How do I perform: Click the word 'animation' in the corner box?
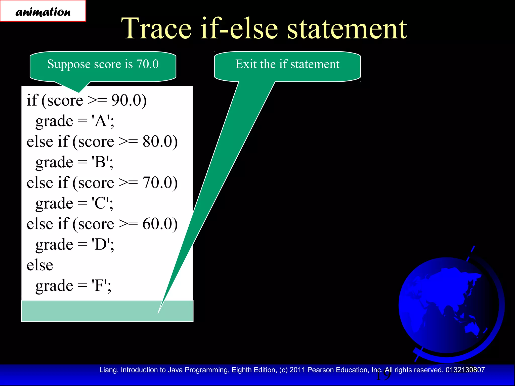tap(43, 12)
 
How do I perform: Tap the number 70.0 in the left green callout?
tap(148, 64)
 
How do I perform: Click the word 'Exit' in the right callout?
tap(246, 64)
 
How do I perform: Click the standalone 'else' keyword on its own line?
tap(40, 265)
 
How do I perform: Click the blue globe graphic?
tap(449, 305)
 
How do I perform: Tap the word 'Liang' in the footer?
tap(108, 370)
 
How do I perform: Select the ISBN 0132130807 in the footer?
tap(465, 370)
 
